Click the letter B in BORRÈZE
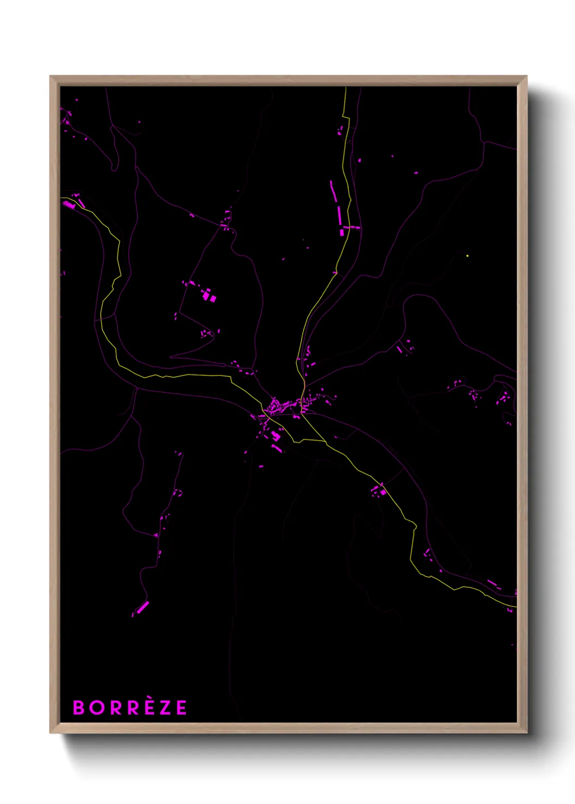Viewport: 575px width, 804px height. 79,708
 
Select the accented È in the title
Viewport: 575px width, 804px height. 148,707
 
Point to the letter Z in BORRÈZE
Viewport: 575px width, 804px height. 165,708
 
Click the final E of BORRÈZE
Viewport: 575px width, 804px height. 182,708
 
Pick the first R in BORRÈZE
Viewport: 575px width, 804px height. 115,708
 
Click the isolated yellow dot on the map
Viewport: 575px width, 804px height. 467,255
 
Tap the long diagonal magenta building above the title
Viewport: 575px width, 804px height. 142,607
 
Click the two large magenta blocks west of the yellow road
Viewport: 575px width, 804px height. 209,297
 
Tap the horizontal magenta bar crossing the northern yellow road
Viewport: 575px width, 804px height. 351,227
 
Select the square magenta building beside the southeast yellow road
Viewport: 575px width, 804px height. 383,492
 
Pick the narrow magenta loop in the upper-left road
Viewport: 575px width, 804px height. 115,163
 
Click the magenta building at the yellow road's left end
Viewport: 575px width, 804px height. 68,204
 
